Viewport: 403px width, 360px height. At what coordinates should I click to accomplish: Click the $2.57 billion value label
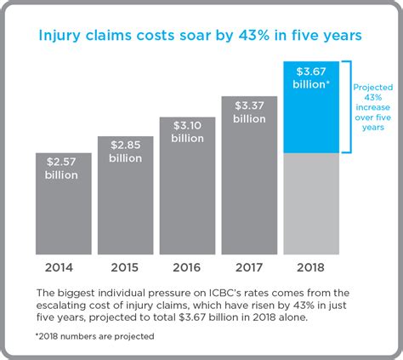tap(62, 169)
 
